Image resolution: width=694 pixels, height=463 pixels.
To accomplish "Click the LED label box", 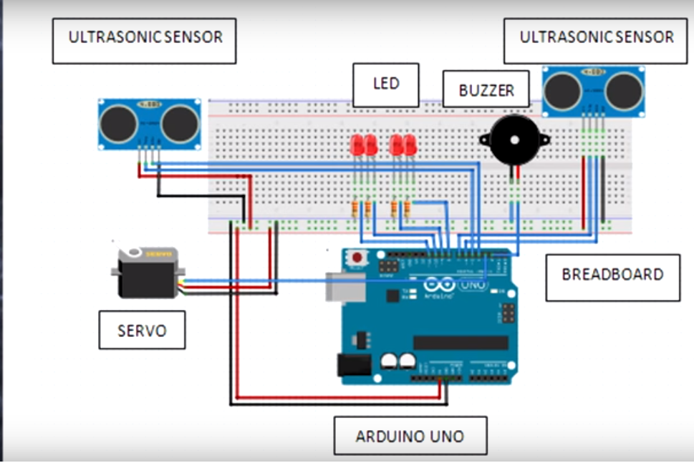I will pos(385,84).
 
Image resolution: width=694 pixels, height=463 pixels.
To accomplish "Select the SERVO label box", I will pos(142,330).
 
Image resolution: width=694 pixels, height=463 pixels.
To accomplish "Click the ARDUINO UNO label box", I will pos(410,435).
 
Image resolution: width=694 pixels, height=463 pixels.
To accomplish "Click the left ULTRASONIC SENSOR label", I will pos(144,39).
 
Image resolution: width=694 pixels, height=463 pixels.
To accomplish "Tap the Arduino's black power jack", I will pos(355,366).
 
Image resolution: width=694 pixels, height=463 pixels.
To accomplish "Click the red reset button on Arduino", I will pos(356,256).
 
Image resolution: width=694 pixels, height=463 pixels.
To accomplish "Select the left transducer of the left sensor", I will pos(117,125).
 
